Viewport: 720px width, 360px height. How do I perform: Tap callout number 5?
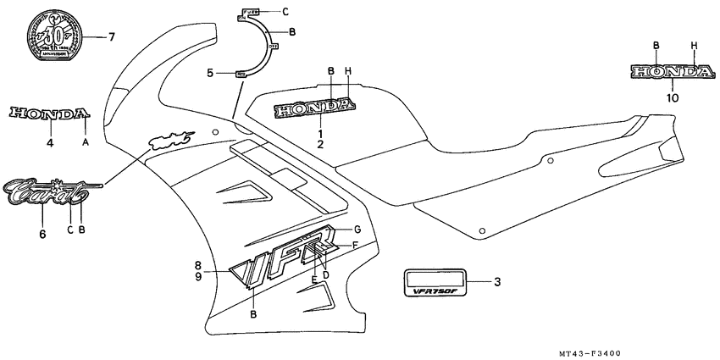210,74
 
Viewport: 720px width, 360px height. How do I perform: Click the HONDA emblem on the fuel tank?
313,109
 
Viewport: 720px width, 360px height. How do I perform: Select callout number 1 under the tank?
321,134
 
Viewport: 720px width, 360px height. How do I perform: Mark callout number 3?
498,281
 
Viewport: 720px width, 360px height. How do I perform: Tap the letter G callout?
357,230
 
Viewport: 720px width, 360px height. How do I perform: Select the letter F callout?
355,245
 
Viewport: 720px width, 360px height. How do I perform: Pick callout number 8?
198,264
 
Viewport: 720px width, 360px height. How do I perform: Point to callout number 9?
198,276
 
